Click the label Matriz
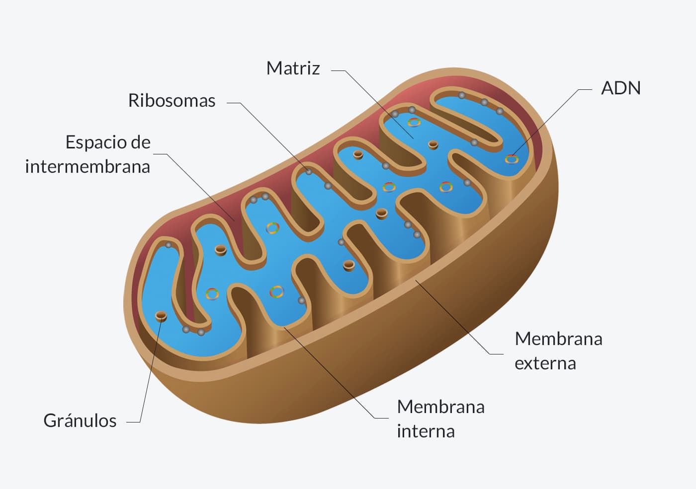(x=293, y=69)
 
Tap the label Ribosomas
(x=172, y=100)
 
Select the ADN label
(x=621, y=88)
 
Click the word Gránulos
(x=80, y=421)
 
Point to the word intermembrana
(x=87, y=167)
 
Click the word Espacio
(x=94, y=143)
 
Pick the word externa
(x=545, y=363)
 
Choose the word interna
(x=426, y=431)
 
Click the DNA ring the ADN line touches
(x=512, y=159)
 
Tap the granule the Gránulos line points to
(x=161, y=316)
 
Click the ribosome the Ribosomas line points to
(x=309, y=171)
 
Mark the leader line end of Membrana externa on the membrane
(x=416, y=280)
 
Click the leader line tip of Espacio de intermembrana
(x=234, y=221)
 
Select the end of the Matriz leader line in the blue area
(x=413, y=139)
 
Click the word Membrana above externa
(x=558, y=339)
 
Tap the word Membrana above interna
(x=440, y=407)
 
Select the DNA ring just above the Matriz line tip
(x=414, y=122)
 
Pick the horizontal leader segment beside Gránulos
(x=133, y=422)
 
